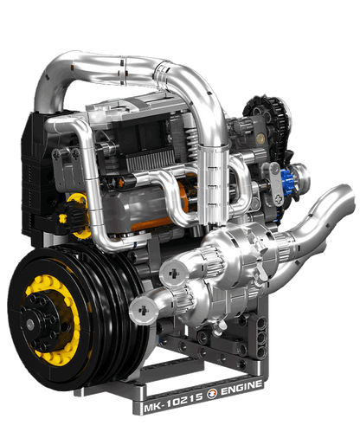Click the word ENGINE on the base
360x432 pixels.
241,388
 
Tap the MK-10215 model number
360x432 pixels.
173,402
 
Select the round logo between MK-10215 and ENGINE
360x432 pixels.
212,394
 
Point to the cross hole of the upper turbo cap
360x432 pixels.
174,272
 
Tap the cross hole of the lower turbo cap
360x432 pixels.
143,310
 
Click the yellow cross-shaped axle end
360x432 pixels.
62,218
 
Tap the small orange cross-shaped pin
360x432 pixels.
121,182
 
